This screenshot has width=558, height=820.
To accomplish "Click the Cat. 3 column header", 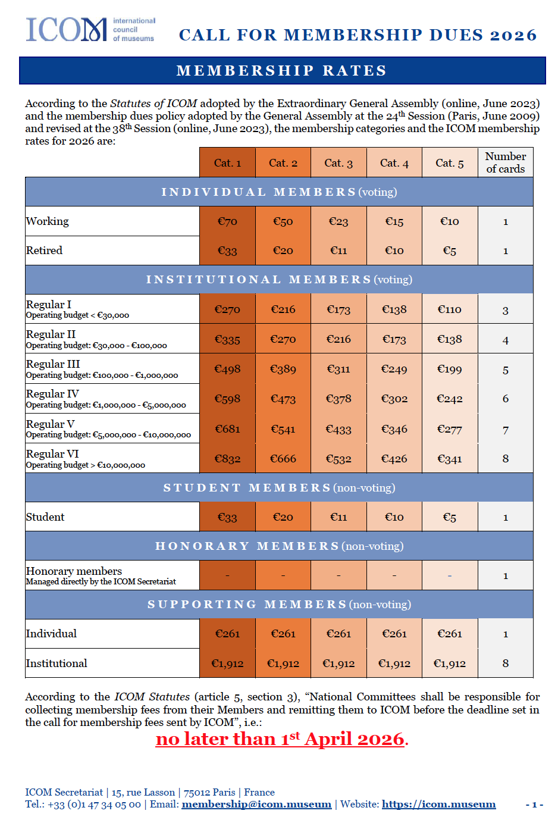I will click(x=338, y=163).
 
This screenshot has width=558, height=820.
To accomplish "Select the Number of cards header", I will click(x=505, y=162).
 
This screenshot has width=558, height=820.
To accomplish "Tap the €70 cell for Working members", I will click(x=227, y=221).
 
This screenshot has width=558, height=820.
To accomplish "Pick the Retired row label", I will click(x=45, y=251).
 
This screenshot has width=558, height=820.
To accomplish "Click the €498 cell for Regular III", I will click(x=227, y=369).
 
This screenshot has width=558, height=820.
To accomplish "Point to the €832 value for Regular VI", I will click(x=227, y=459).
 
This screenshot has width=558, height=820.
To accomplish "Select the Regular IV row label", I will click(x=53, y=394).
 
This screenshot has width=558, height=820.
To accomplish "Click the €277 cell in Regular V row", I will click(x=449, y=429).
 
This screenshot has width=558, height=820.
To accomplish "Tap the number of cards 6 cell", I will click(x=505, y=399).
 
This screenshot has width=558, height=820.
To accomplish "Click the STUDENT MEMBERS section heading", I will click(x=279, y=488).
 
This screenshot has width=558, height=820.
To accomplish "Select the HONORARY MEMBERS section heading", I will click(x=279, y=546).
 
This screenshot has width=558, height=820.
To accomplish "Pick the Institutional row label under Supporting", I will click(x=57, y=663).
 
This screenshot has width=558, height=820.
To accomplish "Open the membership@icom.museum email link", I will click(x=256, y=805).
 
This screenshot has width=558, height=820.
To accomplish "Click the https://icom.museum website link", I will click(x=438, y=805).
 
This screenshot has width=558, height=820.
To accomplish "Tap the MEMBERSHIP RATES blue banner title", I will click(x=282, y=71).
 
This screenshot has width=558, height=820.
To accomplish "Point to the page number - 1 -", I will click(x=534, y=805).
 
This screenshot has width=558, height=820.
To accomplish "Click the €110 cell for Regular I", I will click(x=449, y=309).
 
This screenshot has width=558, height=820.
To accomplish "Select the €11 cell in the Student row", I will click(x=338, y=517).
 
